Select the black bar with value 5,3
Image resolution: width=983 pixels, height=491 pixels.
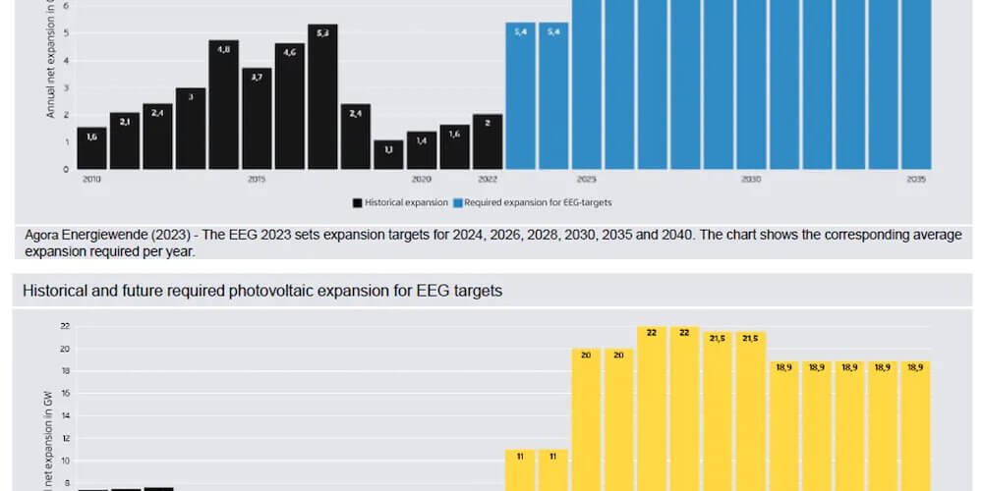[322, 97]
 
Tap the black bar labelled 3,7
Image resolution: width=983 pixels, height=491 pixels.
[257, 119]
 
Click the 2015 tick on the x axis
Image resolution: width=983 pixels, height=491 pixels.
[256, 180]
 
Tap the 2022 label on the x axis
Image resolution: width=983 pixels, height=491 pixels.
[488, 180]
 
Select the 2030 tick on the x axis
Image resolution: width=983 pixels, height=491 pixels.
[751, 180]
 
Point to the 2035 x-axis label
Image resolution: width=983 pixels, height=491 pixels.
[916, 180]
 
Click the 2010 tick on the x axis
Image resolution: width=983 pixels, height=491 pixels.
[91, 180]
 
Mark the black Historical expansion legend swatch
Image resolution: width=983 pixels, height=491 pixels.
[358, 202]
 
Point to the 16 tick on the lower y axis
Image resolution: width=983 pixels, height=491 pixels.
[65, 394]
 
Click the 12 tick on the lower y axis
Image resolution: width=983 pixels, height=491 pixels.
[65, 438]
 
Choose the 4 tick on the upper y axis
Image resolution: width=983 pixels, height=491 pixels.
[66, 60]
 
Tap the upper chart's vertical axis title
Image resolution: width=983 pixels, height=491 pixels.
[51, 59]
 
